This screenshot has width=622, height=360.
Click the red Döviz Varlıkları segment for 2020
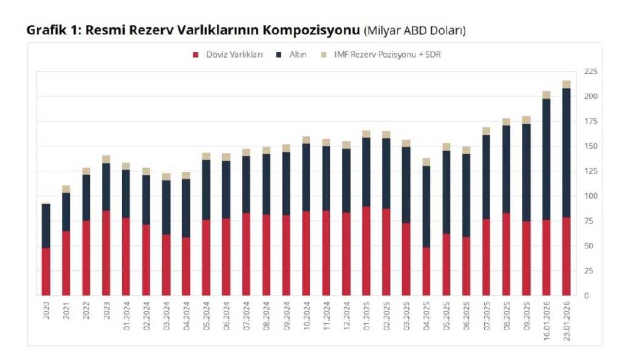(46, 271)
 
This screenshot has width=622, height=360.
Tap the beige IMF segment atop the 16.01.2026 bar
(546, 95)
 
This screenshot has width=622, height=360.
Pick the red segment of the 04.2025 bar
(426, 271)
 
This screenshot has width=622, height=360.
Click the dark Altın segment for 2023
(106, 187)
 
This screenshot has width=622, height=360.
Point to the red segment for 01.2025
(366, 251)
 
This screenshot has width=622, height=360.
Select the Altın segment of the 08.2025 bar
(506, 169)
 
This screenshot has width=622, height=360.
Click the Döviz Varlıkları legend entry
(228, 55)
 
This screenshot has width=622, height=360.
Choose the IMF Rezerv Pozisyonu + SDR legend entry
(380, 55)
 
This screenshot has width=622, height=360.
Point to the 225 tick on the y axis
(590, 72)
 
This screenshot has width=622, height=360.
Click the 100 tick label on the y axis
(590, 196)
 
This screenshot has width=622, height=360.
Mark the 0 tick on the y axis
(587, 296)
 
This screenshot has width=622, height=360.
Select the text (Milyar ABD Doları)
(415, 30)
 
